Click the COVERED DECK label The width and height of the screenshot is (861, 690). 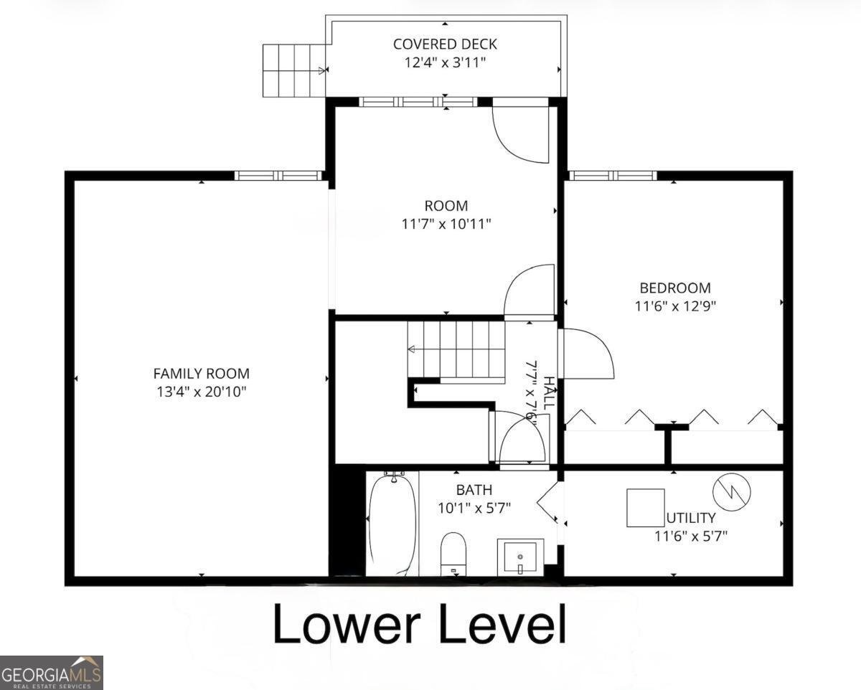pyautogui.click(x=445, y=44)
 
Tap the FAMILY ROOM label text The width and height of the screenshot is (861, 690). pyautogui.click(x=201, y=374)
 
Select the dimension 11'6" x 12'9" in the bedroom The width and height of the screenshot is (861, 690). pyautogui.click(x=675, y=306)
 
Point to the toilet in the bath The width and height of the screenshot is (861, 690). pyautogui.click(x=453, y=553)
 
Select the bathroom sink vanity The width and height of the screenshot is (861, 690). pyautogui.click(x=520, y=557)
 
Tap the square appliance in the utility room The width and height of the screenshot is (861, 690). pyautogui.click(x=645, y=508)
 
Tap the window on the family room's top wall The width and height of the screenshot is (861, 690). pyautogui.click(x=278, y=175)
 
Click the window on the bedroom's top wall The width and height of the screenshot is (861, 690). pyautogui.click(x=613, y=175)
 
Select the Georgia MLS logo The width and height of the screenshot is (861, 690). pyautogui.click(x=52, y=673)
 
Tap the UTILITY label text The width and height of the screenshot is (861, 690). pyautogui.click(x=691, y=518)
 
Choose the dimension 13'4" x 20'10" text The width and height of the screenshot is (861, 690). pyautogui.click(x=201, y=392)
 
